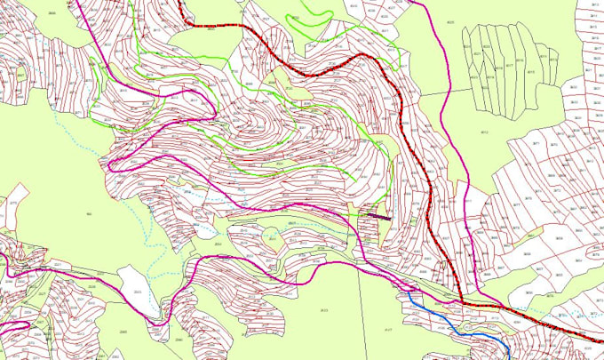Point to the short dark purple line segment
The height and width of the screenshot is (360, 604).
coord(378,214)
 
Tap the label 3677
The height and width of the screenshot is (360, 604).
coord(516,204)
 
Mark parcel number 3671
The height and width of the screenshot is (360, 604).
coord(561,142)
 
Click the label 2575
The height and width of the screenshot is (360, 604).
coord(12,204)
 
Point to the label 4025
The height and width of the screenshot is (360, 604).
coord(449,21)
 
